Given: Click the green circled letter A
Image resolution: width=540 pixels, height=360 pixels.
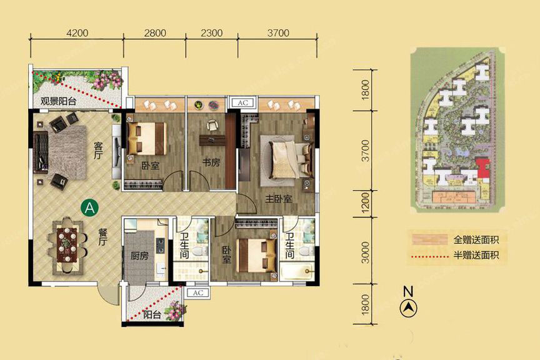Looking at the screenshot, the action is (89, 207).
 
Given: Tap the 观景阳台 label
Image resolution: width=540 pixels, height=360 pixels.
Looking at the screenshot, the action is (58, 101).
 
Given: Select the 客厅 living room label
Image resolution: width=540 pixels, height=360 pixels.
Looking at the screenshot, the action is (99, 151).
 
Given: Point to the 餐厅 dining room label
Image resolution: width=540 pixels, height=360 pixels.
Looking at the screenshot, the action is (102, 237).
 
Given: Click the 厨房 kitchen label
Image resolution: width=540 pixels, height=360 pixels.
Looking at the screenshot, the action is (139, 256).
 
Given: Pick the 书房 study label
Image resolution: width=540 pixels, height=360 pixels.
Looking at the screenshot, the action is (211, 162).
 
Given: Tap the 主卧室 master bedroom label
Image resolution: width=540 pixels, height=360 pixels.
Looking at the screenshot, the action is (278, 199).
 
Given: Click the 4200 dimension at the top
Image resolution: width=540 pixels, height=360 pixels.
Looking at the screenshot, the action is (77, 33).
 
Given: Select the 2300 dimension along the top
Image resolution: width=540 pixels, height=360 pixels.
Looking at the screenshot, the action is (211, 33).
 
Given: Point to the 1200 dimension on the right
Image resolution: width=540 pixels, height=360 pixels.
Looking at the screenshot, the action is (366, 202).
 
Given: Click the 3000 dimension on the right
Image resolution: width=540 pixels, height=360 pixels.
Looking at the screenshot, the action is (366, 252).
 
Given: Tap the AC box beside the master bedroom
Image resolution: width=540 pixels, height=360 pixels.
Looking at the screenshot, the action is (242, 102).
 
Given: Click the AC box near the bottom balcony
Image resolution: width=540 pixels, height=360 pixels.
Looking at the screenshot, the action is (197, 293).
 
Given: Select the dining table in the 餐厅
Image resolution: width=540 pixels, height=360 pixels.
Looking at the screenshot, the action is (68, 245).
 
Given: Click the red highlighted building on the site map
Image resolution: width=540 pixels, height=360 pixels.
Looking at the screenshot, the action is (482, 168).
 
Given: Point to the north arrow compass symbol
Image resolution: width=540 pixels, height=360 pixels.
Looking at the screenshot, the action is (409, 307).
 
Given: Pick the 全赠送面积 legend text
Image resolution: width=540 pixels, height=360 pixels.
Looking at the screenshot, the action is (476, 239).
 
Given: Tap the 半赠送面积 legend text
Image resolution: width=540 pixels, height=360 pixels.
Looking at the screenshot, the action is (476, 255).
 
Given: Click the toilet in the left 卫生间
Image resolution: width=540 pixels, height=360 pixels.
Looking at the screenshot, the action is (199, 251).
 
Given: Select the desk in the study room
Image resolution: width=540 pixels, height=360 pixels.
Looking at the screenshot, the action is (212, 140).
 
